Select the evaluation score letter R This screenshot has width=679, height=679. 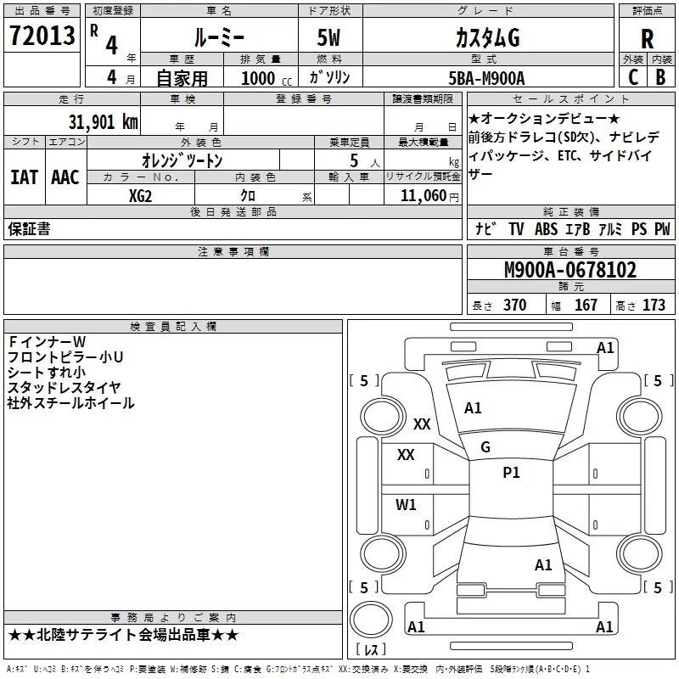647,38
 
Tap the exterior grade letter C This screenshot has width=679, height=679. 631,77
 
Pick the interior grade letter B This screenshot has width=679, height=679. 660,77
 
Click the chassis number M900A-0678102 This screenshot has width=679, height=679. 570,271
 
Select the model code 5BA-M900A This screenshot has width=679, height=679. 486,78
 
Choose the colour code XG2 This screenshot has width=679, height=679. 141,194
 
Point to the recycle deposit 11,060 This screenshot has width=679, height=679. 421,195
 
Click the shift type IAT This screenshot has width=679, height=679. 24,177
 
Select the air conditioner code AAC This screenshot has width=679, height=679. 65,177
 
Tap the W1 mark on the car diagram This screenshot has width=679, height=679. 406,505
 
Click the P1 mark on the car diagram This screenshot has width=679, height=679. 511,473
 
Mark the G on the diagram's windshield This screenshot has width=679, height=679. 485,447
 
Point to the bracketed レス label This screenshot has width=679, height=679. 371,651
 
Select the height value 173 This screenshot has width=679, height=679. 654,305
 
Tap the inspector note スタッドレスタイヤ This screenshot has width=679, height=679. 59,387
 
